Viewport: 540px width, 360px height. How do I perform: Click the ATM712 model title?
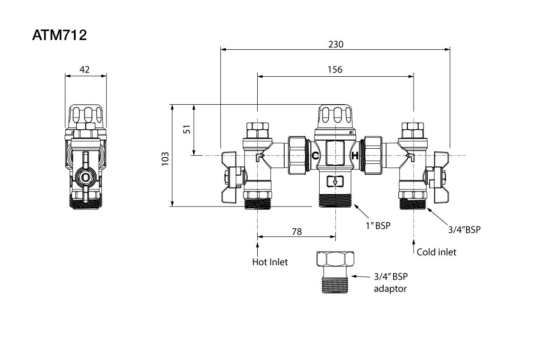59,36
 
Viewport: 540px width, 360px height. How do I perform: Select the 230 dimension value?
335,44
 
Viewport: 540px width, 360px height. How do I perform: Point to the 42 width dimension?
85,70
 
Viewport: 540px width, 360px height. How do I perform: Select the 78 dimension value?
297,232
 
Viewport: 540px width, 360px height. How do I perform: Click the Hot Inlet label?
270,262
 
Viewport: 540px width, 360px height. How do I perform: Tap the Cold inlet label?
436,252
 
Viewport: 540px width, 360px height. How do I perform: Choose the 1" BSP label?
378,225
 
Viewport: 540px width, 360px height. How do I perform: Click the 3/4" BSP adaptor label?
390,282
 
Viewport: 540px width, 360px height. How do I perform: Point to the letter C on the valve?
315,155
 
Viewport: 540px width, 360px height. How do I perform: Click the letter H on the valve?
355,155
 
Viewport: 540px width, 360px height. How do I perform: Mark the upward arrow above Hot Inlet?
258,247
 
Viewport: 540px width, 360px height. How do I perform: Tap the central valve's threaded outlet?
335,199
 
